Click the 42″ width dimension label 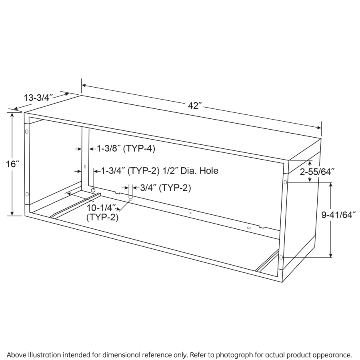195,106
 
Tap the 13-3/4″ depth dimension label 38,98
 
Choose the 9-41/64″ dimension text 338,215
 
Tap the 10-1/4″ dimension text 100,208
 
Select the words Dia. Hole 199,171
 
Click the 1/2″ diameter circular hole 93,190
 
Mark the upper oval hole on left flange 27,132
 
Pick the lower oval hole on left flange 27,194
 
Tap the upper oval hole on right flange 285,182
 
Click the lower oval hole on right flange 281,257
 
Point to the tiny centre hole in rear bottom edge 190,213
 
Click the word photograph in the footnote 234,354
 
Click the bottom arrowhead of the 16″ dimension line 12,213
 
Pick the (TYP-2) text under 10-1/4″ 102,217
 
